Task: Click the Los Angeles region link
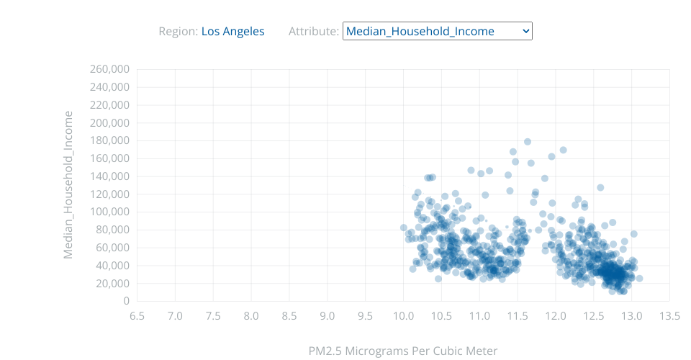pyautogui.click(x=232, y=31)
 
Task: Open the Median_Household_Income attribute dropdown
pyautogui.click(x=437, y=31)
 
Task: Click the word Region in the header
pyautogui.click(x=177, y=31)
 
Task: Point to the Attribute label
pyautogui.click(x=313, y=31)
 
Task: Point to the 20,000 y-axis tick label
pyautogui.click(x=112, y=283)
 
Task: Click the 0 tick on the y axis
pyautogui.click(x=125, y=301)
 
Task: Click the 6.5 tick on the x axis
pyautogui.click(x=137, y=316)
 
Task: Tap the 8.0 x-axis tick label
pyautogui.click(x=251, y=316)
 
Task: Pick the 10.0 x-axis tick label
pyautogui.click(x=403, y=316)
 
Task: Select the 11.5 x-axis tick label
pyautogui.click(x=518, y=316)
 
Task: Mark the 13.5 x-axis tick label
pyautogui.click(x=669, y=316)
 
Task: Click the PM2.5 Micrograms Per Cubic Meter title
pyautogui.click(x=403, y=351)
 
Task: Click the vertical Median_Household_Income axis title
pyautogui.click(x=69, y=185)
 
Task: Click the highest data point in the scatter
pyautogui.click(x=528, y=142)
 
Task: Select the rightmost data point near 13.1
pyautogui.click(x=639, y=278)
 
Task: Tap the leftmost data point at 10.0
pyautogui.click(x=404, y=228)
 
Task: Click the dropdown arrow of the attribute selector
pyautogui.click(x=525, y=31)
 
